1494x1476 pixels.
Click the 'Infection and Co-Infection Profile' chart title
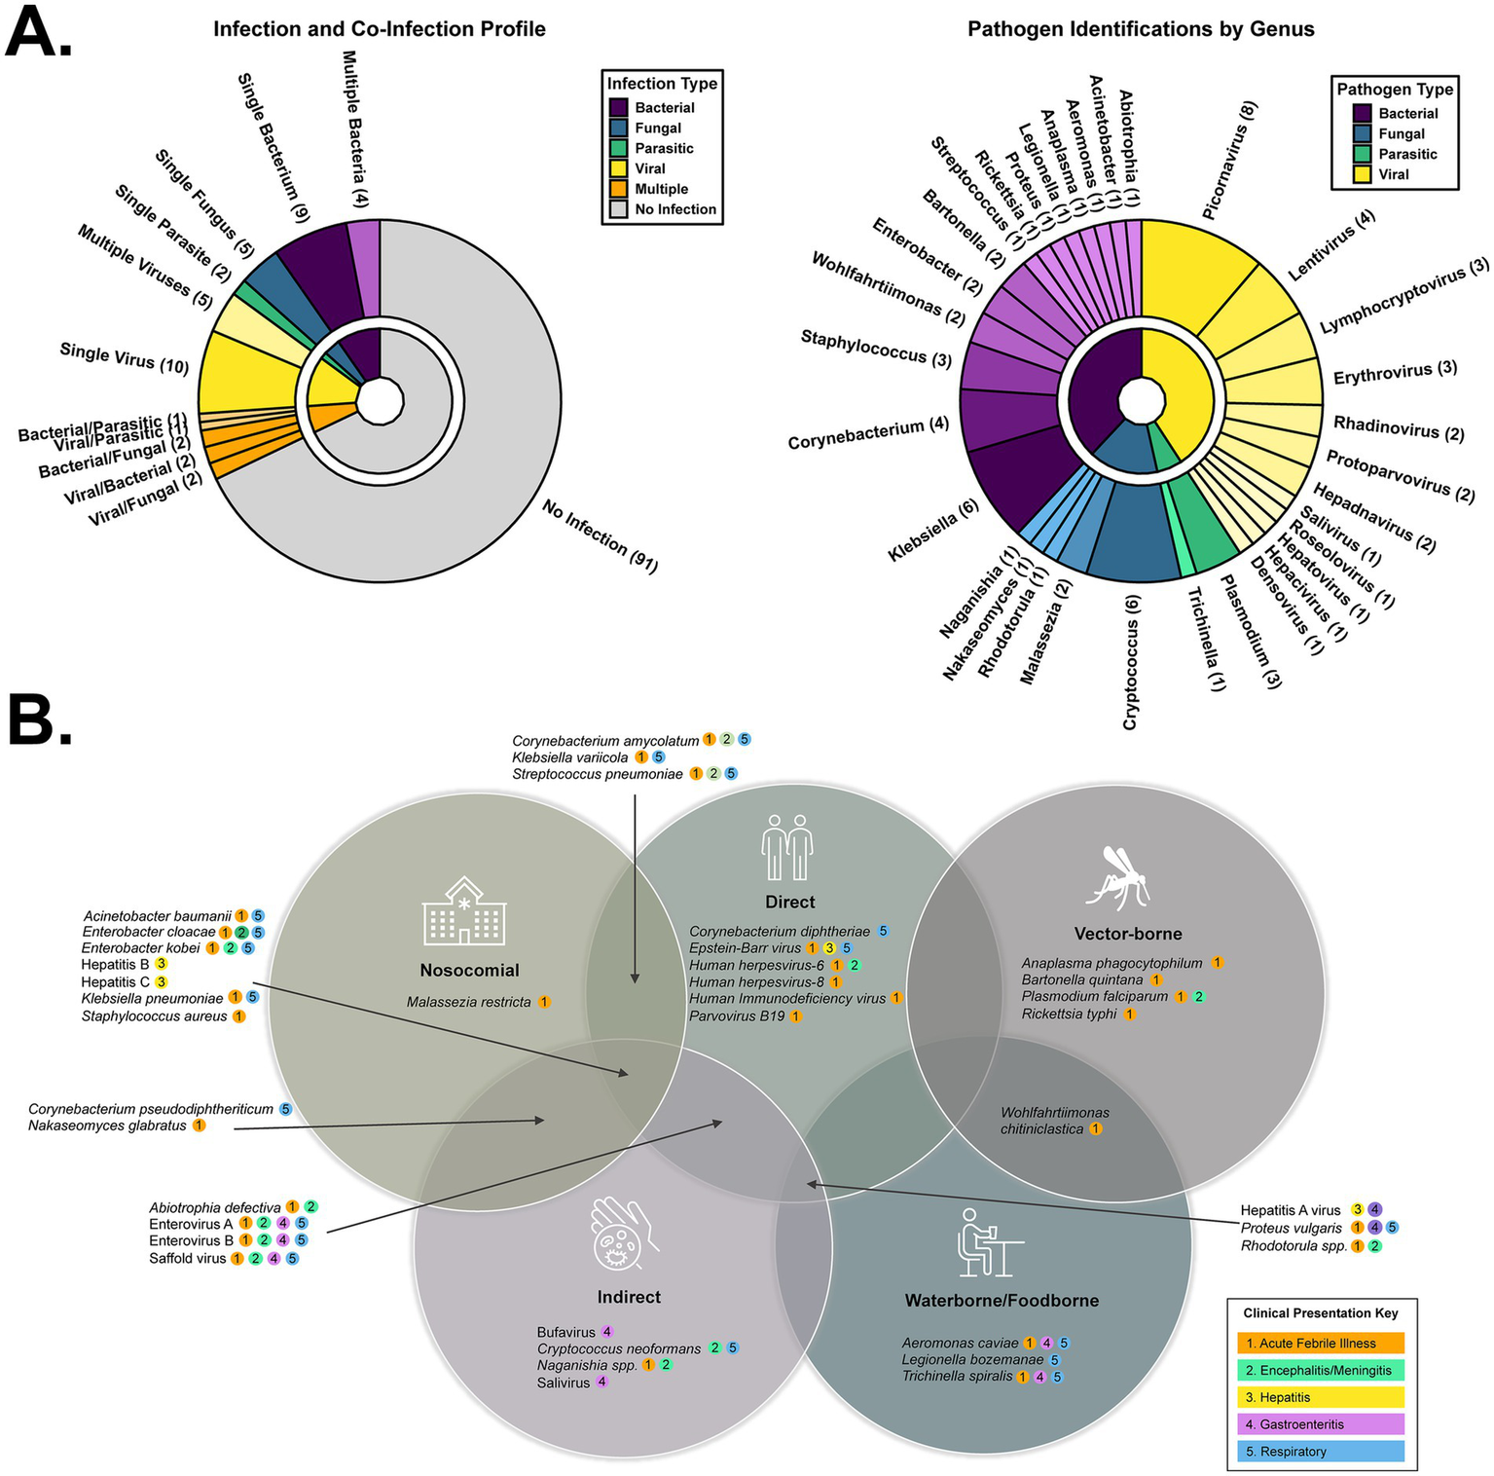(380, 29)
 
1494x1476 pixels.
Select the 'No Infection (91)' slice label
(600, 536)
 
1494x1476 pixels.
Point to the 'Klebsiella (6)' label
(933, 532)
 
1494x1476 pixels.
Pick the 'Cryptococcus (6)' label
(1131, 662)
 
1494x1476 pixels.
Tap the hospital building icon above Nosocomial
(464, 911)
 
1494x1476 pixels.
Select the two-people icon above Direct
(787, 847)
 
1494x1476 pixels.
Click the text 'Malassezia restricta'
(469, 1002)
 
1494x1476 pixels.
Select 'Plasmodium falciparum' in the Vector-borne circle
(1094, 997)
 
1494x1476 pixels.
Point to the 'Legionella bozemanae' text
(972, 1360)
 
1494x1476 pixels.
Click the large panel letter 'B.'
(41, 720)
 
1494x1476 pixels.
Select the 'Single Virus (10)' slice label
(124, 356)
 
